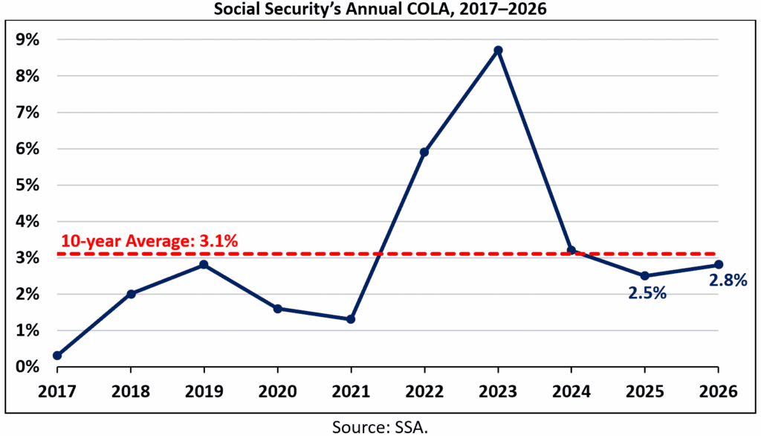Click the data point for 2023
[x=499, y=51]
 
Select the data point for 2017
[x=57, y=356]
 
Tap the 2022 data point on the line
[x=424, y=153]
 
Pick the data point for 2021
[x=351, y=319]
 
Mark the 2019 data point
[x=204, y=265]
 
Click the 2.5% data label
[x=644, y=293]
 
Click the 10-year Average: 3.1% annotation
[x=149, y=241]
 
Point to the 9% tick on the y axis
[x=28, y=40]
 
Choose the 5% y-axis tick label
[x=28, y=185]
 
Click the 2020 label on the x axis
[x=277, y=390]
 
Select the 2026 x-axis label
[x=718, y=390]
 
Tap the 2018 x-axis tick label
[x=131, y=390]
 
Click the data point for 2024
[x=571, y=251]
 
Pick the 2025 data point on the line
[x=644, y=276]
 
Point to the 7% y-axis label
[x=28, y=113]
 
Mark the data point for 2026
[x=718, y=265]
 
